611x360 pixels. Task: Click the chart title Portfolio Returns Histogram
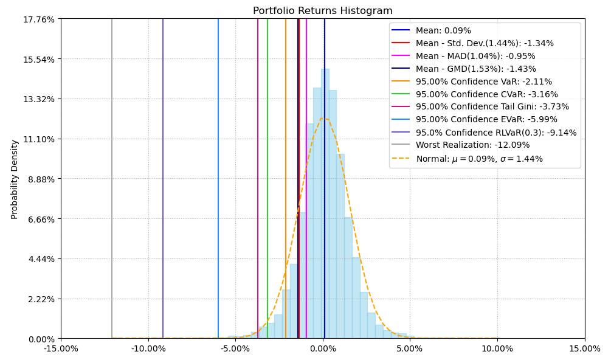tap(322, 11)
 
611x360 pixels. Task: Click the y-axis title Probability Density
tap(15, 179)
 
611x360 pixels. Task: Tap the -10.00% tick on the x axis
tap(148, 348)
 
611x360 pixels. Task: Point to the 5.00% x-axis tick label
tap(410, 348)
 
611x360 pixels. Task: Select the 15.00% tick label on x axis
tap(585, 348)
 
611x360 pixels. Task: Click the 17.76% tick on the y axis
tap(38, 19)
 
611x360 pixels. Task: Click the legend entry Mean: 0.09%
tap(443, 30)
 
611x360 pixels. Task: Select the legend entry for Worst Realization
tap(472, 145)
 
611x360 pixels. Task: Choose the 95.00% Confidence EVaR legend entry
tap(486, 120)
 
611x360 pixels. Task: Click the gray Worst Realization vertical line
tap(112, 182)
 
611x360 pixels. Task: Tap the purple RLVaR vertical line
tap(163, 182)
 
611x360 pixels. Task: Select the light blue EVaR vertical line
tap(218, 182)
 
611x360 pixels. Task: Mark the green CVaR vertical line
tap(268, 182)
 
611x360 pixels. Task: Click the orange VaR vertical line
tap(286, 182)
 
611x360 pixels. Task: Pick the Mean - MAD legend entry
tap(475, 56)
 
